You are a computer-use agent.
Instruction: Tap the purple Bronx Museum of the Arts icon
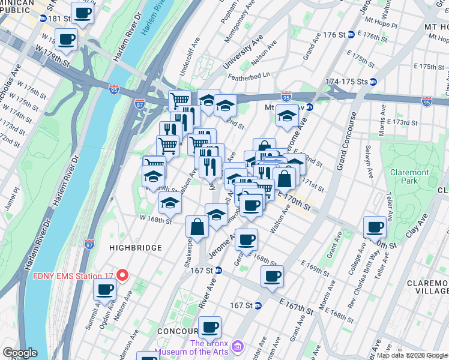tap(238, 347)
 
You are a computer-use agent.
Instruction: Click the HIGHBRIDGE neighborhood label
tap(135, 247)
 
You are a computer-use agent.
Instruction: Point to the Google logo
tap(20, 353)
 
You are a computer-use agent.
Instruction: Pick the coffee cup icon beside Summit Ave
tap(105, 290)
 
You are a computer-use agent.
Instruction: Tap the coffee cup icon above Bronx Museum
tap(209, 327)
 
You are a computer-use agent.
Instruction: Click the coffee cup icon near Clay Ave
tap(375, 227)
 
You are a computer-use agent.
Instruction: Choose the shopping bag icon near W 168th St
tap(197, 227)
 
